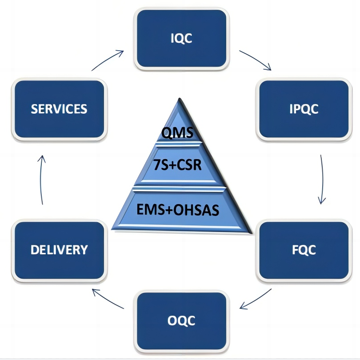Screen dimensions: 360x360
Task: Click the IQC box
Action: (181, 39)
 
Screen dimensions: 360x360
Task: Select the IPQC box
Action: (304, 109)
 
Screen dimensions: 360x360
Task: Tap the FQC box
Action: (304, 250)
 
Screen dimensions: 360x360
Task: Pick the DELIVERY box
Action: (59, 250)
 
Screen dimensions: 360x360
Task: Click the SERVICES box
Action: (59, 109)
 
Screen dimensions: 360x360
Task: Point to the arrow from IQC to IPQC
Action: (255, 60)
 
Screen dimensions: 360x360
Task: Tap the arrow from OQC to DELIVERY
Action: (108, 299)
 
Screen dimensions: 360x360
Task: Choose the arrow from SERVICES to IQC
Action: (108, 60)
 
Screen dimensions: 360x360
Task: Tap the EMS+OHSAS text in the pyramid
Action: (180, 209)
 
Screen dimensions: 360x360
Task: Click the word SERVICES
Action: (59, 109)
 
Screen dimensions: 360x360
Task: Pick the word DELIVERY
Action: (59, 250)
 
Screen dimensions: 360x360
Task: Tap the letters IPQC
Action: (304, 109)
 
